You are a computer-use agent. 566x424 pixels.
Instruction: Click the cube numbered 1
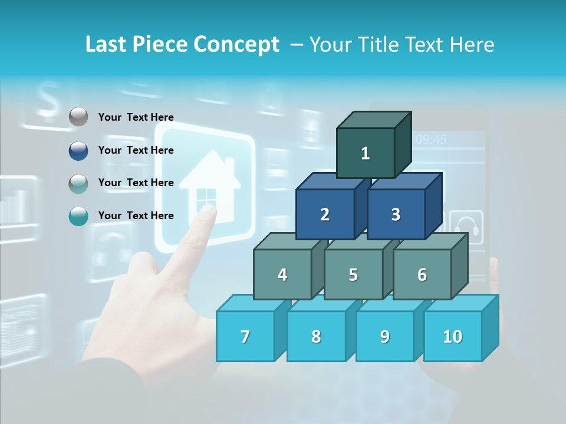[366, 154]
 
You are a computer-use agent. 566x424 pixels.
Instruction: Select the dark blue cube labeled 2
[325, 214]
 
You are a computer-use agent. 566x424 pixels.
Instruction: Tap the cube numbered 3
[396, 214]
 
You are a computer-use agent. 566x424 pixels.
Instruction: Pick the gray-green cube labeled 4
[282, 274]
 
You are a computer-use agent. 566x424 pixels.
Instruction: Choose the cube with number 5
[353, 274]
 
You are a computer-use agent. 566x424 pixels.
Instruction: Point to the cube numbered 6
[422, 274]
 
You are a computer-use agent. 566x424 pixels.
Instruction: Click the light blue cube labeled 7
[245, 336]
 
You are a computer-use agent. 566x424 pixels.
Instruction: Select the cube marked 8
[316, 336]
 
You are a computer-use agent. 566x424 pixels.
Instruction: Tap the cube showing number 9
[384, 336]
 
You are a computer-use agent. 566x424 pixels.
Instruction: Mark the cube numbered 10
[452, 336]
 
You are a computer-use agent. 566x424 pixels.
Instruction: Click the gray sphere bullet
[78, 117]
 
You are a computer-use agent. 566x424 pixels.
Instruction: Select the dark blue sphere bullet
[78, 150]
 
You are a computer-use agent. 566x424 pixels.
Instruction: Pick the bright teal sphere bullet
[78, 216]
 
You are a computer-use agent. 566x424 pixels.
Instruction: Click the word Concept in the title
[236, 45]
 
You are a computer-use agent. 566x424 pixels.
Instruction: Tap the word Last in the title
[108, 45]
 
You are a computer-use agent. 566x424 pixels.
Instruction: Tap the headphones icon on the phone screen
[466, 227]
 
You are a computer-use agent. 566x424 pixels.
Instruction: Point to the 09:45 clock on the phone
[431, 140]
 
